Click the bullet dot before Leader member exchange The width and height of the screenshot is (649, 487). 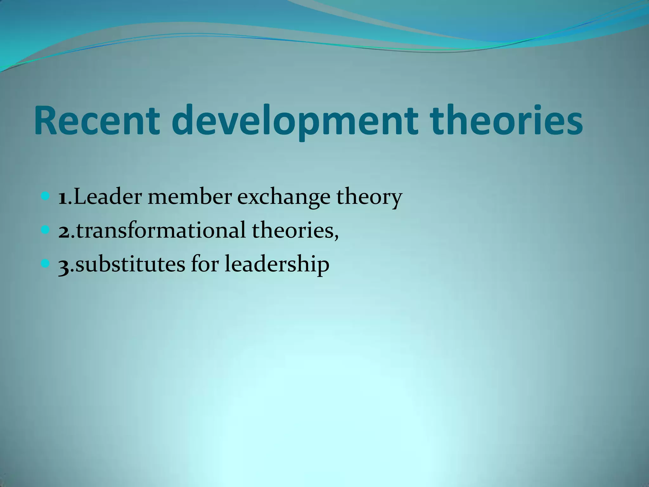tap(46, 197)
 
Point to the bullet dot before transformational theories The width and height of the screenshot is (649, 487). tap(46, 230)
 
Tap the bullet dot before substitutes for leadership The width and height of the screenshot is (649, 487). tap(46, 263)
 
